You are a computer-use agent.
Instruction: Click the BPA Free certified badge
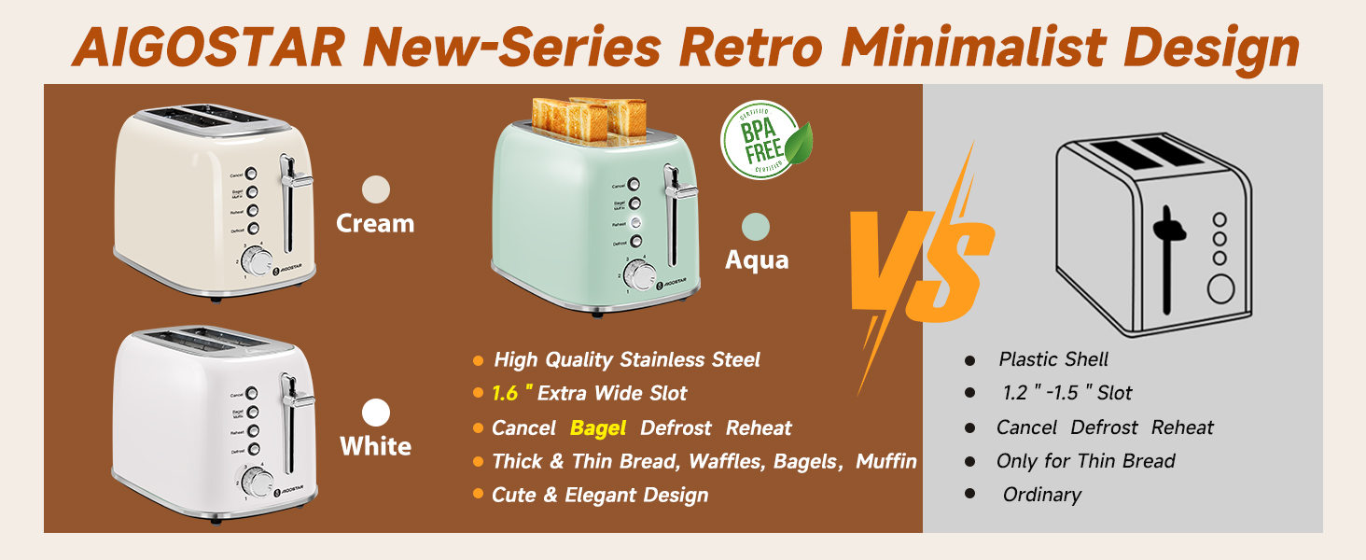click(x=765, y=140)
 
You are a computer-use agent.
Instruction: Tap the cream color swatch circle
click(x=375, y=189)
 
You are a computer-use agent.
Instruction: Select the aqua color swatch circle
click(x=756, y=227)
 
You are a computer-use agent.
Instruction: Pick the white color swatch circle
click(x=375, y=413)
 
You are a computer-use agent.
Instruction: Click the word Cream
click(x=375, y=224)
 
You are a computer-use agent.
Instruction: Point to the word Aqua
click(x=757, y=259)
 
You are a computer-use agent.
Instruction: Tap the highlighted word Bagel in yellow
click(x=597, y=428)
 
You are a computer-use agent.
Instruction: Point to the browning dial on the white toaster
click(x=256, y=482)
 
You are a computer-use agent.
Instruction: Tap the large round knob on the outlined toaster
click(x=1222, y=288)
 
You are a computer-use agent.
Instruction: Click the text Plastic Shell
click(x=1053, y=359)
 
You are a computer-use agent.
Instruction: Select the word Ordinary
click(x=1041, y=495)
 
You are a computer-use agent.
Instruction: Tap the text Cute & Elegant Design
click(x=600, y=496)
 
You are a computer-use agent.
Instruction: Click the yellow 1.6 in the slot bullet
click(x=504, y=394)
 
